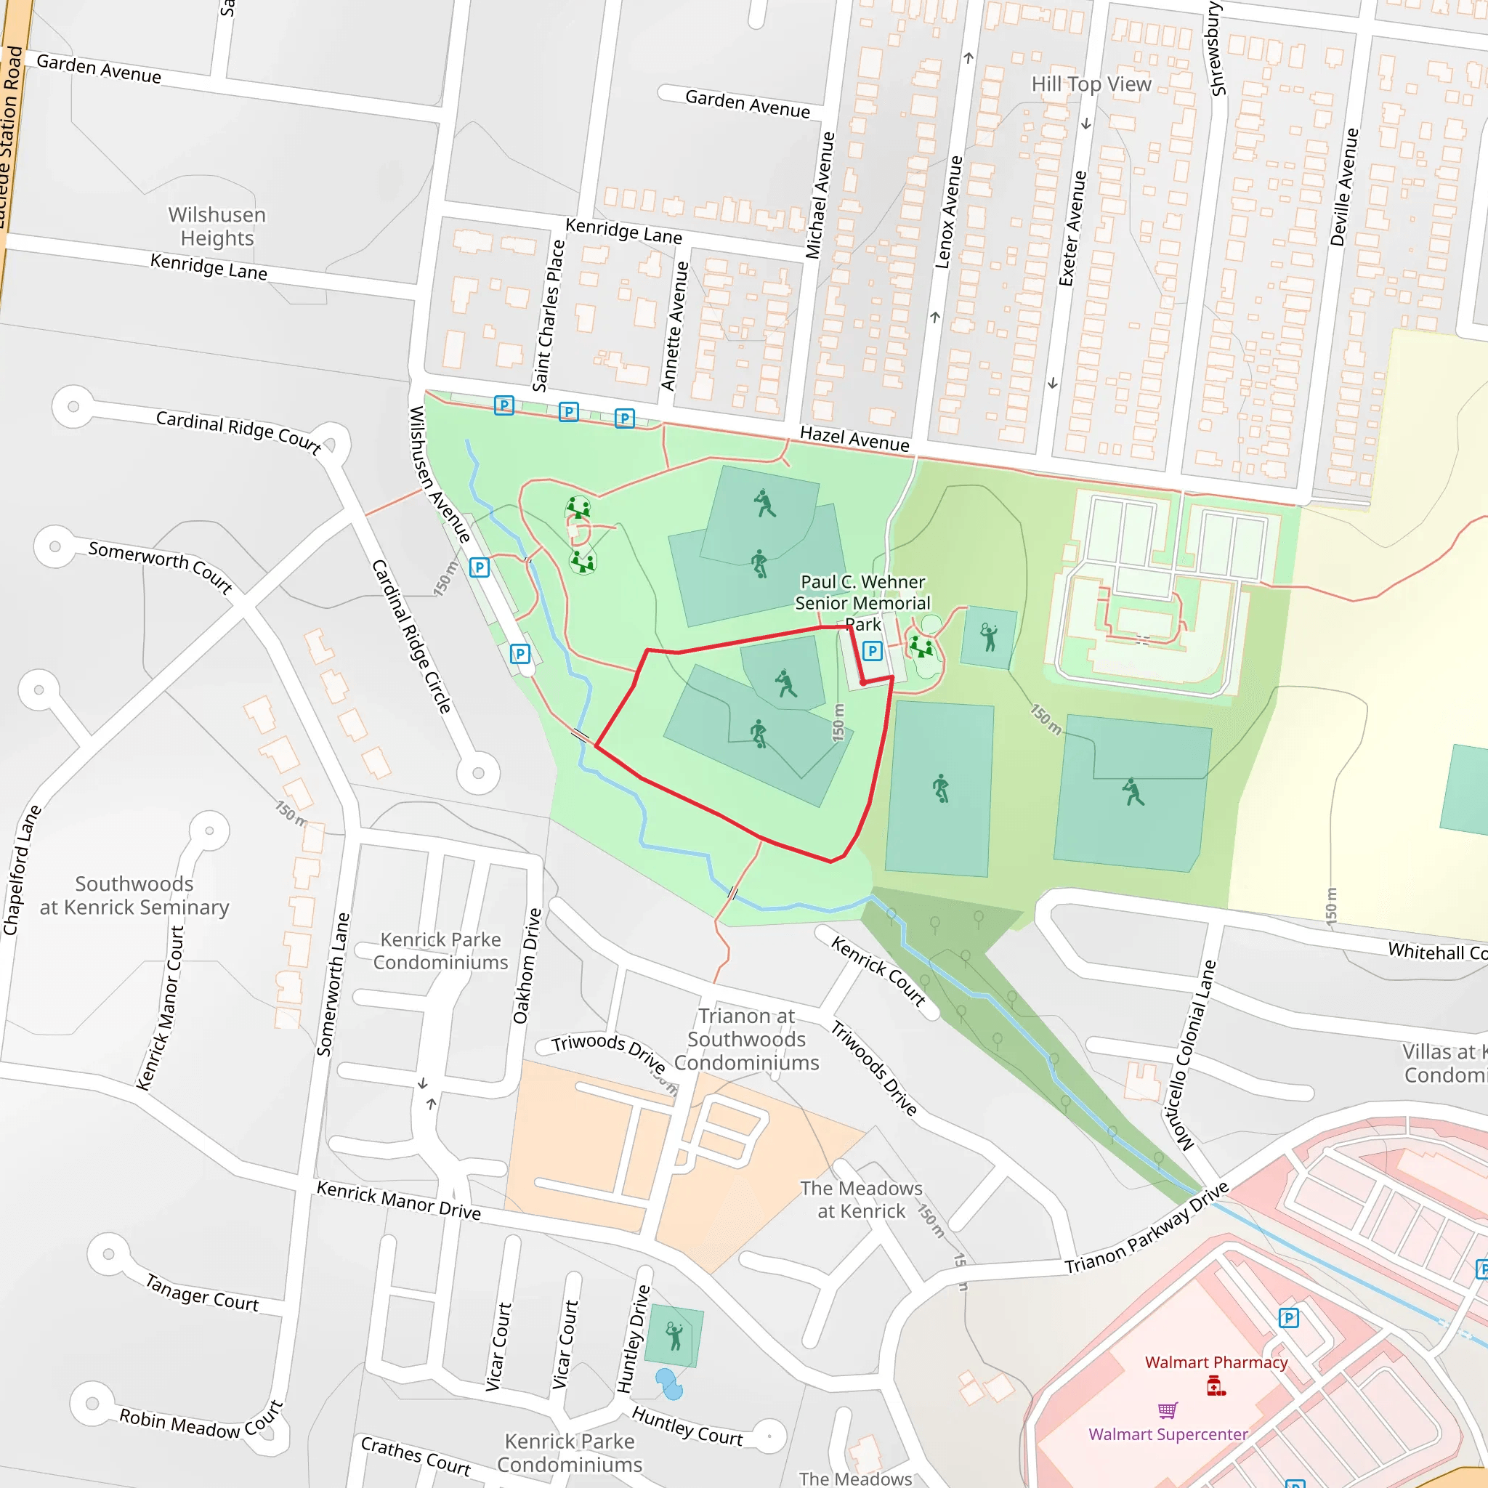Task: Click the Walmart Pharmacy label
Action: coord(1216,1362)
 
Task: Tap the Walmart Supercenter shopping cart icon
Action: coord(1168,1410)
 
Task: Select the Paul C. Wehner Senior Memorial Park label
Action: coord(862,603)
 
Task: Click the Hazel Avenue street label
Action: coord(854,439)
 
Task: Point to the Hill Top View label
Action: coord(1091,84)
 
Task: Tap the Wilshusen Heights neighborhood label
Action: coord(217,227)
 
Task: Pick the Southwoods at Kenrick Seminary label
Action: coord(135,896)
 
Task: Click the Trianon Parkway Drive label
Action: coord(1146,1229)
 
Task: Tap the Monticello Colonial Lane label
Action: coord(1189,1056)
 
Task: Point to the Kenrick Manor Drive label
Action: coord(398,1200)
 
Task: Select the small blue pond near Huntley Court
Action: coord(669,1384)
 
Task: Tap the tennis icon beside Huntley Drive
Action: coord(674,1335)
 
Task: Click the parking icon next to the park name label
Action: coord(872,652)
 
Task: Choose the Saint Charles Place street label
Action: coord(549,315)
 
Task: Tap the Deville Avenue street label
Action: coord(1344,187)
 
